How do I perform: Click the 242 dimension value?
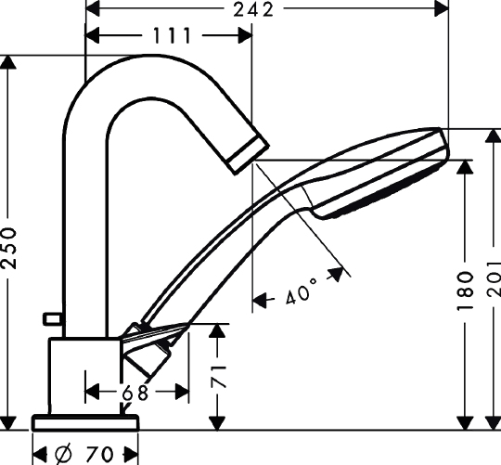pos(253,9)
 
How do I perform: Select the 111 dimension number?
pos(173,35)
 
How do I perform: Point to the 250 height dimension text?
pos(8,248)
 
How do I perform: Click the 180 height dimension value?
pos(465,291)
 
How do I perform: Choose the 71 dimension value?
pos(219,377)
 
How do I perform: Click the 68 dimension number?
pos(135,393)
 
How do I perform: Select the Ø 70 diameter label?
pos(84,454)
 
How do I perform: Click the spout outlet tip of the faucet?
pos(249,154)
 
